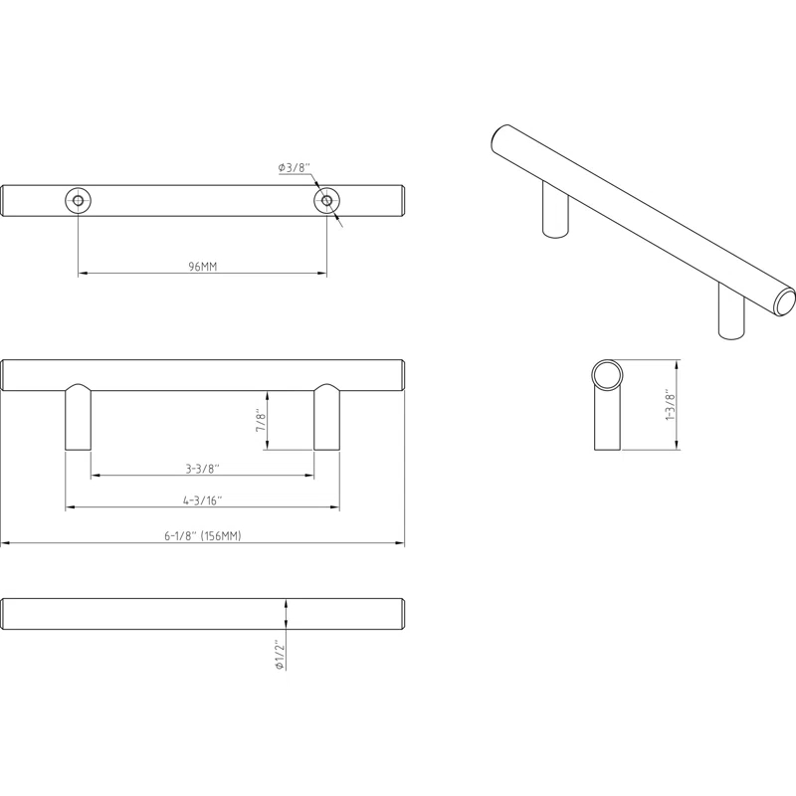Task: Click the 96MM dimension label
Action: [x=202, y=267]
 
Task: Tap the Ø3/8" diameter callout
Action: [x=295, y=169]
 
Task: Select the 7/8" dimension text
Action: [x=262, y=420]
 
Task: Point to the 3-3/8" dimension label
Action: [x=202, y=468]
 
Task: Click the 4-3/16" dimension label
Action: [x=202, y=500]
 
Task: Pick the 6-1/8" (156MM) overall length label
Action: [x=203, y=535]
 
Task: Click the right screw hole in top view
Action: [x=326, y=201]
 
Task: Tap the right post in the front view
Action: [x=326, y=418]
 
